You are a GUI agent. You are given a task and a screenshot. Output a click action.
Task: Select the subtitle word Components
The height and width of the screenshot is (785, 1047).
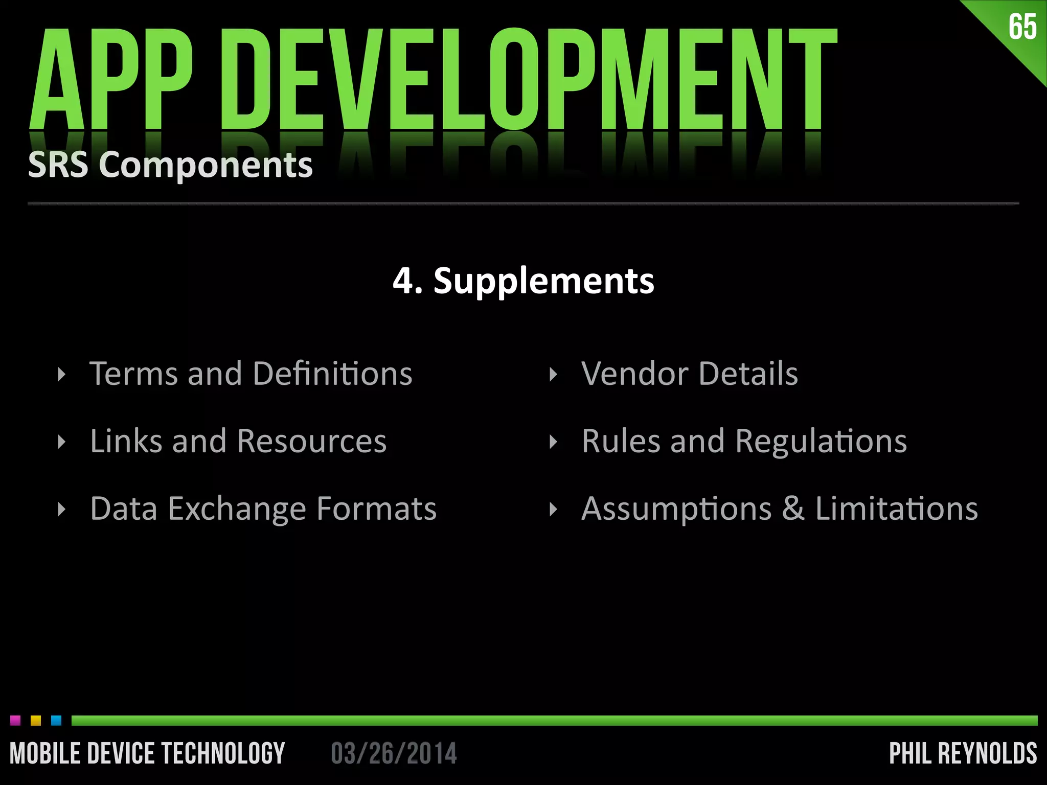point(206,166)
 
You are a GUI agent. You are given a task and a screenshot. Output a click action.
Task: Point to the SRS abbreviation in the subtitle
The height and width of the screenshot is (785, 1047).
point(58,165)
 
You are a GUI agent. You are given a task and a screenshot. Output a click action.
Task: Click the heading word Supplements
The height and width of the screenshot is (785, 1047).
point(543,282)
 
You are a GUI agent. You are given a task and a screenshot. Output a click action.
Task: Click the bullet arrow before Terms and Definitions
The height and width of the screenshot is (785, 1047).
point(62,375)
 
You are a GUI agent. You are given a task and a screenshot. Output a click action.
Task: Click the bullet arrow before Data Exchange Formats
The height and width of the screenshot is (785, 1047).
point(62,510)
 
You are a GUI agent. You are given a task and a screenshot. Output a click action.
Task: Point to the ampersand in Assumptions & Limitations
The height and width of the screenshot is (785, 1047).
point(793,509)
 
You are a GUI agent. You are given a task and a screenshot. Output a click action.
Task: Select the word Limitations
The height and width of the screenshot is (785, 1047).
point(897,509)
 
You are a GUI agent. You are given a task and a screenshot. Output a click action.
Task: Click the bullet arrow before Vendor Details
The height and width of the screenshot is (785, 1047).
point(553,375)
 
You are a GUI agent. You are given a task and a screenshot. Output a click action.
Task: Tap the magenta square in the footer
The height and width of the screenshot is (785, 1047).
point(15,721)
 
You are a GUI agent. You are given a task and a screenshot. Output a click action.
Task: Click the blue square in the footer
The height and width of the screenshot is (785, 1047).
point(56,721)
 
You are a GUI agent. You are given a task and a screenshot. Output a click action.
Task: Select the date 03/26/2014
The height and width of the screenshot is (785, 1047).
point(394,754)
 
